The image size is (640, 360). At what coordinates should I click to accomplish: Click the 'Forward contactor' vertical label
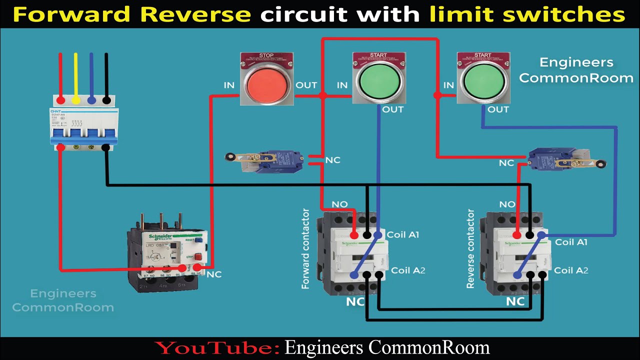[x=305, y=249]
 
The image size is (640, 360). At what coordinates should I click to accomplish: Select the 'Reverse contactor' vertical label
[x=470, y=248]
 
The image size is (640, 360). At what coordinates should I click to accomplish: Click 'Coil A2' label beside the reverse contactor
[x=571, y=270]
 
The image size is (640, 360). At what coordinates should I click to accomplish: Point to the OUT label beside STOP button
[x=306, y=85]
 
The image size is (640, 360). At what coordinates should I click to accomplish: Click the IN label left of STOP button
[x=229, y=85]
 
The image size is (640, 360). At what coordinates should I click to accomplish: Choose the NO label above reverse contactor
[x=507, y=204]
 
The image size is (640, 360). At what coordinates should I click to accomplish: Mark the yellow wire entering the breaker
[x=76, y=75]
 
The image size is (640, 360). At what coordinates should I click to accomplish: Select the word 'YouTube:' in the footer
[x=216, y=347]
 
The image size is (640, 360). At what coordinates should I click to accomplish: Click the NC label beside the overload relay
[x=214, y=274]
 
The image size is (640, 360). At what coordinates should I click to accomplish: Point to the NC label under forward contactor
[x=355, y=301]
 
